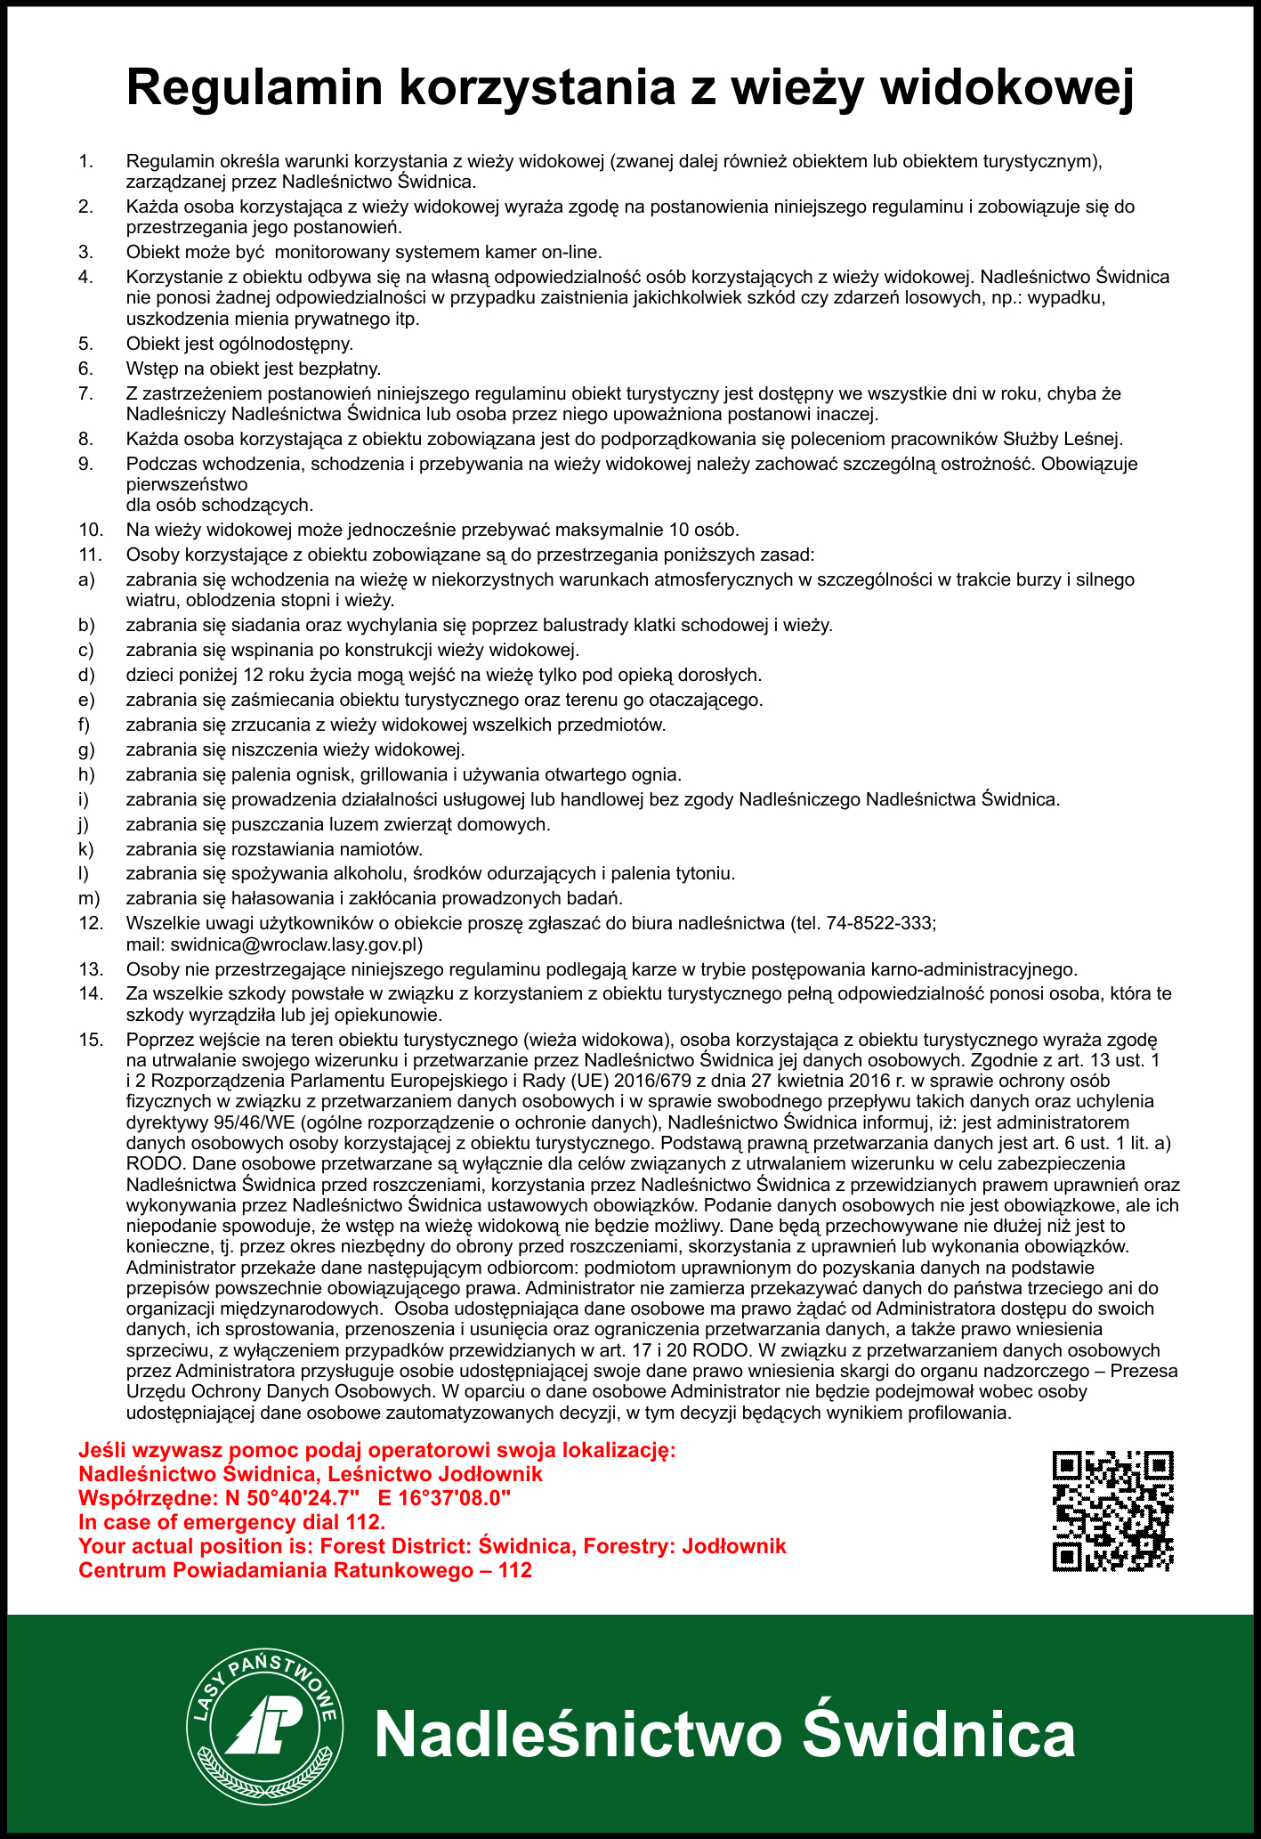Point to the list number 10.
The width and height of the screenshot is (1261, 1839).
pos(91,531)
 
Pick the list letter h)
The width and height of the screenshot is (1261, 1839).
pos(86,774)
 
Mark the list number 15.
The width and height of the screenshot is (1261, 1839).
pos(91,1040)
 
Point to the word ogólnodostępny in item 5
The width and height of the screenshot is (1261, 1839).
pos(294,344)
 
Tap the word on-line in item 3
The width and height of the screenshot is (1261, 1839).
pos(571,252)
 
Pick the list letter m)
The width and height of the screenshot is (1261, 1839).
pos(88,897)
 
